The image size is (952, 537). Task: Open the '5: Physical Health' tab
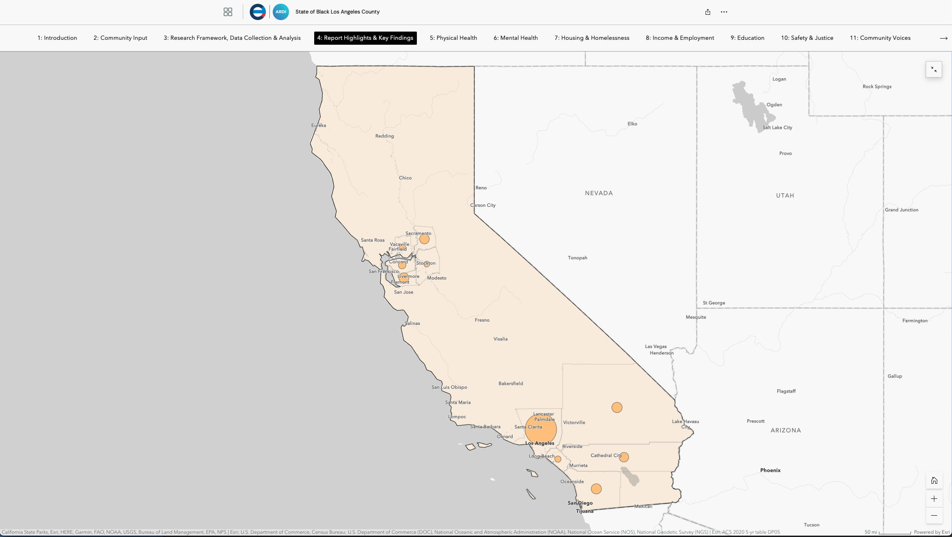coord(453,38)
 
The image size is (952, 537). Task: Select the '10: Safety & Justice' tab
coord(807,38)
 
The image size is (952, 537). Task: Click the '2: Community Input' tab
coord(120,38)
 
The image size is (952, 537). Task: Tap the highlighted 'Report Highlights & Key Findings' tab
coord(365,38)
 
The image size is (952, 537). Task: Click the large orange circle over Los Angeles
coord(540,429)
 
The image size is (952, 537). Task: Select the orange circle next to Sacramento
coord(424,239)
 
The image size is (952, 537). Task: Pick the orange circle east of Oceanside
coord(596,489)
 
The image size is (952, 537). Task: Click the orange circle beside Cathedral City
coord(624,457)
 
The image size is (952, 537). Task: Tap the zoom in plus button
coord(934,498)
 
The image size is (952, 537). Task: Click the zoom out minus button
coord(934,515)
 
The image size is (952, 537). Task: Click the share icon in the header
coord(708,12)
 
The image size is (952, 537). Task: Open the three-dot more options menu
coord(724,12)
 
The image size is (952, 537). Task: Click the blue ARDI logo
coord(281,12)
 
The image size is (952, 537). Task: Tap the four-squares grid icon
coord(228,12)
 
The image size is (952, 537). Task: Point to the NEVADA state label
coord(599,193)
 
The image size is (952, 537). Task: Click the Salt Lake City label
coord(777,128)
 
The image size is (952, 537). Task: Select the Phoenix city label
coord(770,470)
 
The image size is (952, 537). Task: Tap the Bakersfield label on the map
coord(510,384)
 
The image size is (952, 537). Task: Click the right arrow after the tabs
coord(943,38)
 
